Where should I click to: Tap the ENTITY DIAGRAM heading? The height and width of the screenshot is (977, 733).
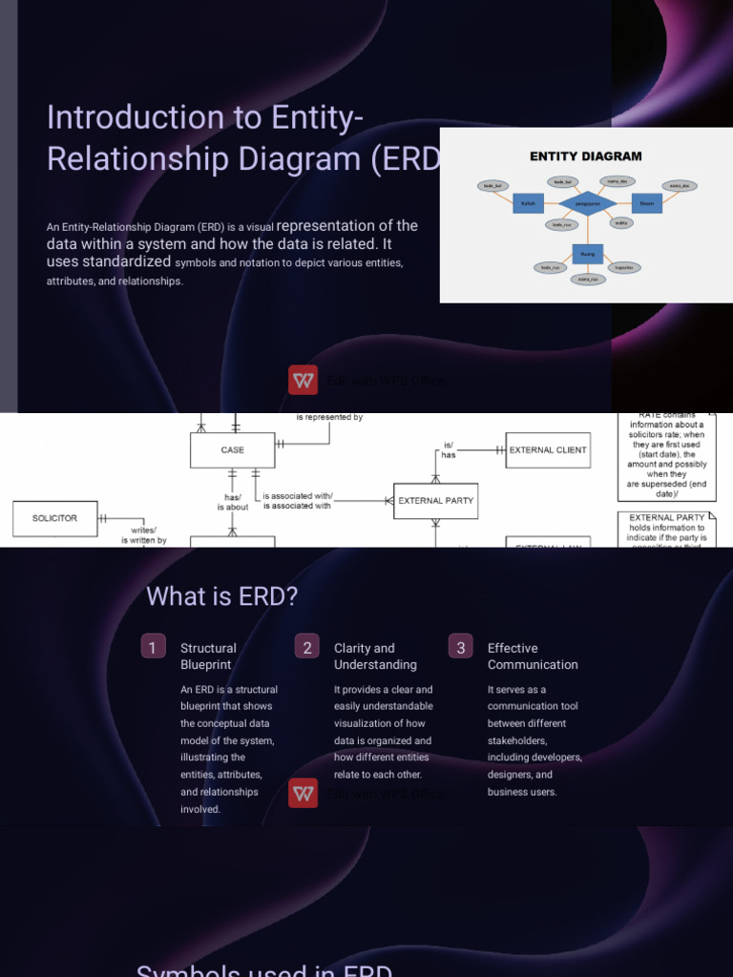(x=585, y=156)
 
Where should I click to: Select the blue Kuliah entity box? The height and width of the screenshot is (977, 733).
(x=528, y=203)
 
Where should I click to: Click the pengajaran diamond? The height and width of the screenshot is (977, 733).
(x=585, y=203)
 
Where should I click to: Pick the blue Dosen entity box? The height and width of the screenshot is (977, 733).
(x=646, y=203)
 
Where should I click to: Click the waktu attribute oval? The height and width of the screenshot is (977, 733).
(x=620, y=223)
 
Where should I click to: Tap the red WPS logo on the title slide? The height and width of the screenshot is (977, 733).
(x=303, y=380)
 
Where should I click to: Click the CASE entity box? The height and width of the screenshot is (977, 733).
(x=232, y=450)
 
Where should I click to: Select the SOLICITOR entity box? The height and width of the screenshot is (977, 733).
(x=54, y=518)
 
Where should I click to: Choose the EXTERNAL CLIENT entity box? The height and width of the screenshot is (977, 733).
(x=548, y=450)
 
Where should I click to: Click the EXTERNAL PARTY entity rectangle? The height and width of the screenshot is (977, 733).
(x=435, y=500)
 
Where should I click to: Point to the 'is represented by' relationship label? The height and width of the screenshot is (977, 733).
(x=329, y=418)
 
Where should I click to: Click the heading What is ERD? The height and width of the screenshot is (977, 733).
(x=221, y=596)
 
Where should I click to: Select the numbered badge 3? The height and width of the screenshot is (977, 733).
(x=460, y=648)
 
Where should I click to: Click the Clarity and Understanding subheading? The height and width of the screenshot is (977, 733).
(x=375, y=656)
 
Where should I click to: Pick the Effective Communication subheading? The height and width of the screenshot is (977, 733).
(x=533, y=656)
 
